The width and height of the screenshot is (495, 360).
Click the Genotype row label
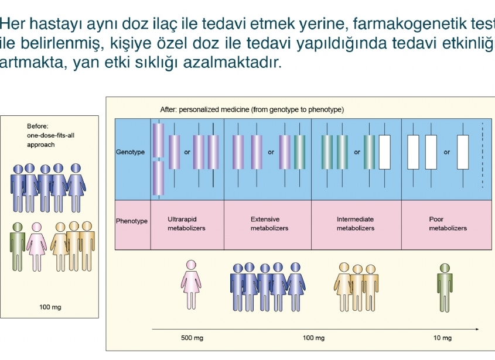(130, 152)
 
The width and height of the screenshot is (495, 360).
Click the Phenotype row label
(132, 221)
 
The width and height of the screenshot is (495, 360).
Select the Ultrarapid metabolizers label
(186, 224)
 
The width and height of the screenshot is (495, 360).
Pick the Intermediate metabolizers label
(355, 224)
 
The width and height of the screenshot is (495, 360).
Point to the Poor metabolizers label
(448, 224)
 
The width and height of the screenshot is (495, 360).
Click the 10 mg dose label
(442, 338)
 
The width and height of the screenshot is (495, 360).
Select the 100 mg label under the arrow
(314, 338)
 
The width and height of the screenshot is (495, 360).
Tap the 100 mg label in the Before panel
(50, 307)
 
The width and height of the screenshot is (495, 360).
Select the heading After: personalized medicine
(252, 109)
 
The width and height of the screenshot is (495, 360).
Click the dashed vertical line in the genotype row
(482, 155)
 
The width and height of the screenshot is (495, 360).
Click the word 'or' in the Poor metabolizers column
(447, 152)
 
